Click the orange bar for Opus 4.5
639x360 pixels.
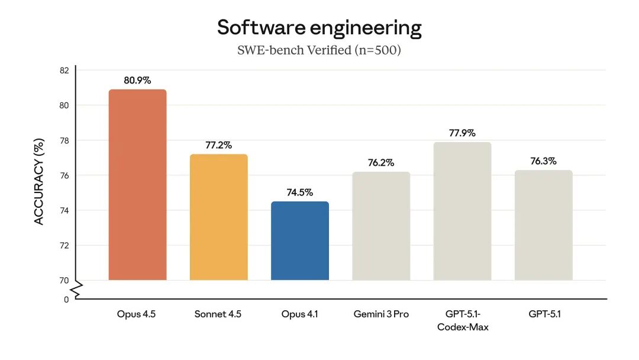pyautogui.click(x=137, y=185)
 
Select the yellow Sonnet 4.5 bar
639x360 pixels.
pyautogui.click(x=218, y=217)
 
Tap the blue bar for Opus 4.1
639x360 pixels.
pyautogui.click(x=299, y=240)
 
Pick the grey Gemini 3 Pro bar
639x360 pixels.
pyautogui.click(x=381, y=226)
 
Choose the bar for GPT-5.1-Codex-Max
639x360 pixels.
pyautogui.click(x=462, y=211)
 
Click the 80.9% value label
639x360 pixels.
pyautogui.click(x=137, y=79)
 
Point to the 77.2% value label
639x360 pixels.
pyautogui.click(x=218, y=144)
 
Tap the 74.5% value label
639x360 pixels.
pyautogui.click(x=299, y=192)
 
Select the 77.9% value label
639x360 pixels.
pyautogui.click(x=462, y=133)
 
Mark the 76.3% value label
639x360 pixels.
pyautogui.click(x=543, y=161)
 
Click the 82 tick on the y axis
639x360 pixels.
pyautogui.click(x=64, y=70)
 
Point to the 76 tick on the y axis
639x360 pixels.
pyautogui.click(x=64, y=175)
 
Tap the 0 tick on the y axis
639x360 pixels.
pyautogui.click(x=66, y=300)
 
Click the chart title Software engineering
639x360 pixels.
pyautogui.click(x=319, y=28)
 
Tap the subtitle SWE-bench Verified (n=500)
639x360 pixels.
pyautogui.click(x=319, y=50)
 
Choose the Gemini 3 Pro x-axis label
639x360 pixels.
pyautogui.click(x=381, y=314)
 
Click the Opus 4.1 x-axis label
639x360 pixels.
pyautogui.click(x=299, y=314)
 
